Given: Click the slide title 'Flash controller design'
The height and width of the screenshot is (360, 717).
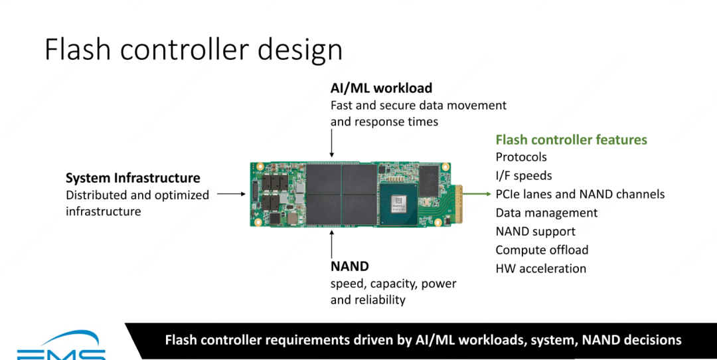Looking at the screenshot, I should click(x=193, y=50).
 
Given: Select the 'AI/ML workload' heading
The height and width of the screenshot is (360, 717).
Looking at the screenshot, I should click(x=381, y=88).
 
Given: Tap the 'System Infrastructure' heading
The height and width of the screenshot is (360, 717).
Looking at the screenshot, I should click(x=133, y=178).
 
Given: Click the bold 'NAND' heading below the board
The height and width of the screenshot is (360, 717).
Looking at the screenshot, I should click(x=349, y=266).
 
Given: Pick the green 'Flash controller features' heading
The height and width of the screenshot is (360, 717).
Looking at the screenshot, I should click(x=571, y=139).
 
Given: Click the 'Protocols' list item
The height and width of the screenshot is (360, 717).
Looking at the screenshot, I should click(x=521, y=157).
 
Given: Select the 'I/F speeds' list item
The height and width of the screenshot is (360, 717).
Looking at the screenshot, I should click(x=524, y=176).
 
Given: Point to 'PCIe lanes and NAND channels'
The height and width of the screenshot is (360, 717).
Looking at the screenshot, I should click(x=580, y=195).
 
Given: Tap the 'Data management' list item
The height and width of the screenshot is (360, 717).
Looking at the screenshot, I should click(x=546, y=213).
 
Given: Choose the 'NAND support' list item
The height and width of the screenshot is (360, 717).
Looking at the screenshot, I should click(x=535, y=232).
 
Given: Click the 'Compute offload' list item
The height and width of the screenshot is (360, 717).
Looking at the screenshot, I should click(x=542, y=250).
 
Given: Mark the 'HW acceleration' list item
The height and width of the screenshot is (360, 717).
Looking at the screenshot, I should click(x=540, y=269).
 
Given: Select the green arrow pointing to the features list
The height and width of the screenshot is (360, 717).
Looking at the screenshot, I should click(x=477, y=195).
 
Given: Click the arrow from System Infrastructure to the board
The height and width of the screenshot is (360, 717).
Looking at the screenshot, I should click(x=230, y=194).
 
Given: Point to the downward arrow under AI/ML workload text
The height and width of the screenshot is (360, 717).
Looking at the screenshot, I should click(x=331, y=143).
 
